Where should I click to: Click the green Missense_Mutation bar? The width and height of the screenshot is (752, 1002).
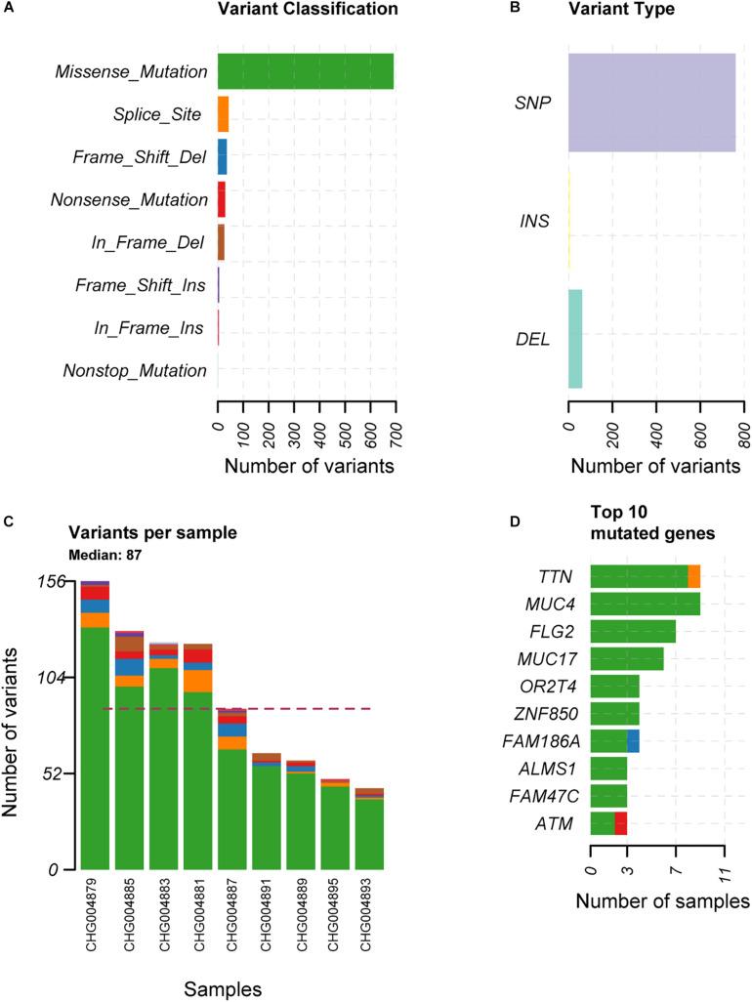click(x=305, y=71)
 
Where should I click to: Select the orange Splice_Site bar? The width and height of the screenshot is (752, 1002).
click(x=223, y=114)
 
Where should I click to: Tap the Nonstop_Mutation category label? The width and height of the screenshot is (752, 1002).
click(x=134, y=371)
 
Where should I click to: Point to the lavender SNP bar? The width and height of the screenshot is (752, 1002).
click(x=651, y=103)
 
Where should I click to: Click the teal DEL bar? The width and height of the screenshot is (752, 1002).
click(x=575, y=339)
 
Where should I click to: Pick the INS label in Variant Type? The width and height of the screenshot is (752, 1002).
click(x=534, y=222)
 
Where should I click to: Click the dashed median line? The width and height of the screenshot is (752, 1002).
click(x=234, y=709)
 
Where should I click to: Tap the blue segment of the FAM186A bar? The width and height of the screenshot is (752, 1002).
click(x=633, y=740)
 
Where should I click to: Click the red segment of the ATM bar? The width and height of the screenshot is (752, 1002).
click(x=620, y=823)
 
